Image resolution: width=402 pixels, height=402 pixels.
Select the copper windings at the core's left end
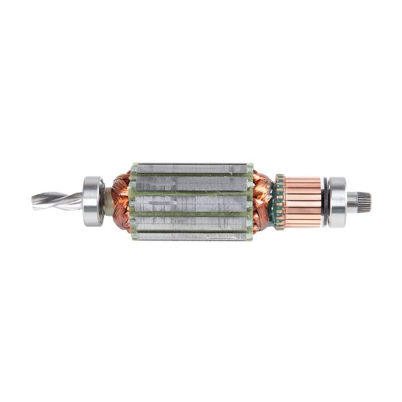(x=121, y=201)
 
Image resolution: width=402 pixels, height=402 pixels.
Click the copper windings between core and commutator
(x=262, y=201)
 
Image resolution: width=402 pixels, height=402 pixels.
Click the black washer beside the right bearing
(x=325, y=202)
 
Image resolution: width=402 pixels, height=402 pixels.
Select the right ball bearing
(x=337, y=202)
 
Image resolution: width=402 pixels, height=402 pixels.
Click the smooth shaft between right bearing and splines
(x=352, y=201)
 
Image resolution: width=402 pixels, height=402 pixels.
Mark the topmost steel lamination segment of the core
(x=192, y=168)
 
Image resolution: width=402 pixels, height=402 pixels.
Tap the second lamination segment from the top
(x=192, y=183)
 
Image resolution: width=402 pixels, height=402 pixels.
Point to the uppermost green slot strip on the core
(x=192, y=174)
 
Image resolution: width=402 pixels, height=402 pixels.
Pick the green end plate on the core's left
(x=134, y=202)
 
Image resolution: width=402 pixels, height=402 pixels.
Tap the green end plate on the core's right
(x=250, y=202)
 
